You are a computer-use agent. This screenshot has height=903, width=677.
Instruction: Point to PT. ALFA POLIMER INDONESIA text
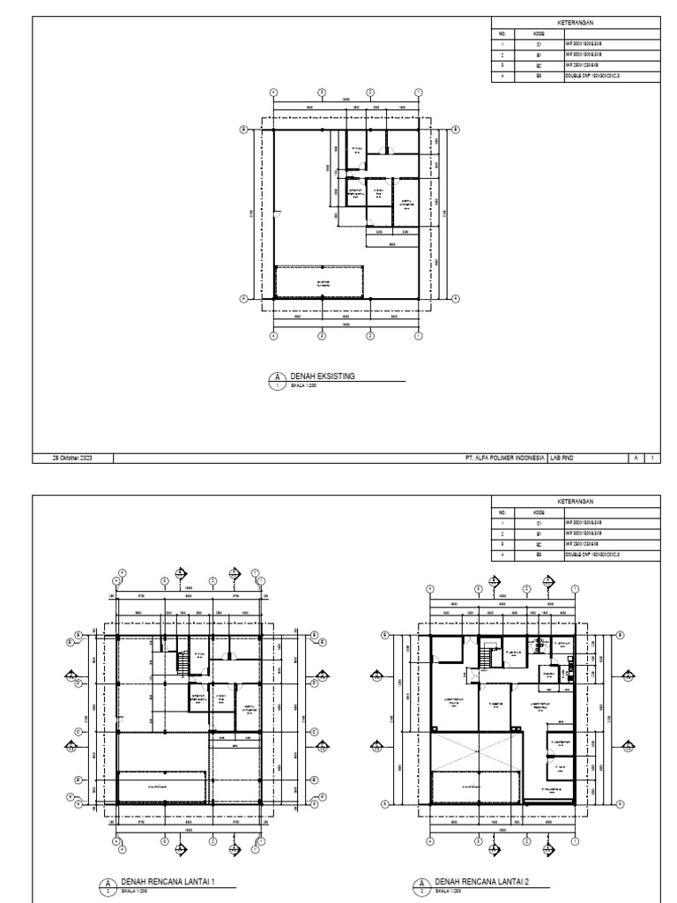[503, 459]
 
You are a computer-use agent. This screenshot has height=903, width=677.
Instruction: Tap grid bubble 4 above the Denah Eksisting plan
[273, 92]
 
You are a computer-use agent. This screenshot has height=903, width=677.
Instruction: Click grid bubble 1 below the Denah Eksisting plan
[419, 335]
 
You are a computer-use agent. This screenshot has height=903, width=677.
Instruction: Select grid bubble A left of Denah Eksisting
[244, 300]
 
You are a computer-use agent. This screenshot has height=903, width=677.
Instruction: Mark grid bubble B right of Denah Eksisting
[456, 129]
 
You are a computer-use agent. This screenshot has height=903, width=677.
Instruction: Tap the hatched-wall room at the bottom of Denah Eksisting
[320, 282]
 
